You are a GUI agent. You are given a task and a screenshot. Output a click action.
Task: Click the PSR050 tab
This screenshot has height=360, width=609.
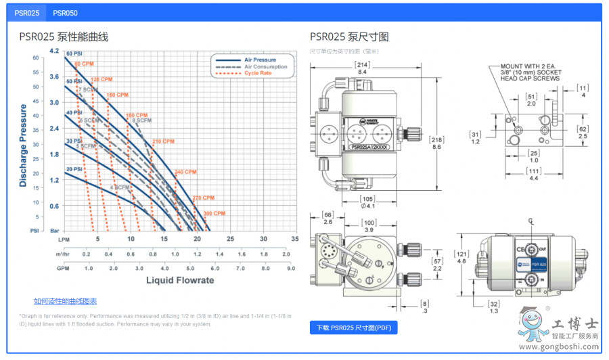(65, 13)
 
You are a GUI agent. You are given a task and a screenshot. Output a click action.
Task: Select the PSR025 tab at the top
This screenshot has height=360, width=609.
(27, 13)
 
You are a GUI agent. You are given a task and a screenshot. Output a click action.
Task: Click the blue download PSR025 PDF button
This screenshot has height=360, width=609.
(353, 328)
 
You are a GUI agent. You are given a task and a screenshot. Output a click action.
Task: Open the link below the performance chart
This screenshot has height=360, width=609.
(65, 301)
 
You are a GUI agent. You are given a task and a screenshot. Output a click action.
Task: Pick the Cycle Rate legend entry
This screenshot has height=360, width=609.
(258, 73)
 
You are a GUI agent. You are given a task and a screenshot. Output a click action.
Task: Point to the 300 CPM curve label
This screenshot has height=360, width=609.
(214, 214)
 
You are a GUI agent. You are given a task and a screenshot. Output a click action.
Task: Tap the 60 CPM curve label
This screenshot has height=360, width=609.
(83, 64)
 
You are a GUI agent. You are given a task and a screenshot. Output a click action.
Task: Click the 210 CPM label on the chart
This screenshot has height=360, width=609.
(163, 141)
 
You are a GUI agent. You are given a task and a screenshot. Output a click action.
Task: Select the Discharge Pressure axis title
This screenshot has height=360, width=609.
(23, 145)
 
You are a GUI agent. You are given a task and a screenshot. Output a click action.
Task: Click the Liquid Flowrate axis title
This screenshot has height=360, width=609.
(180, 280)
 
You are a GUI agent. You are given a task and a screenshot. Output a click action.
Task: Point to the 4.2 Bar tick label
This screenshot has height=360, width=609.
(54, 51)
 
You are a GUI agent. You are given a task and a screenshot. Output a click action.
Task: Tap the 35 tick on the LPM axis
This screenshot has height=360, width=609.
(294, 239)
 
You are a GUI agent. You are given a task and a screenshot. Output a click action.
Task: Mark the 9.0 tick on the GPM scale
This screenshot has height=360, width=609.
(290, 268)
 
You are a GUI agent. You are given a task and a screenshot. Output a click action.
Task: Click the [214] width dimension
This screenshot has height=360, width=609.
(361, 64)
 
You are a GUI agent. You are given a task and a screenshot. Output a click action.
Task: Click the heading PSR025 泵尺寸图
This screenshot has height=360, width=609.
(349, 37)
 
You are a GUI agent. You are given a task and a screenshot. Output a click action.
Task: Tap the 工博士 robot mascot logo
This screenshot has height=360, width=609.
(532, 324)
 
